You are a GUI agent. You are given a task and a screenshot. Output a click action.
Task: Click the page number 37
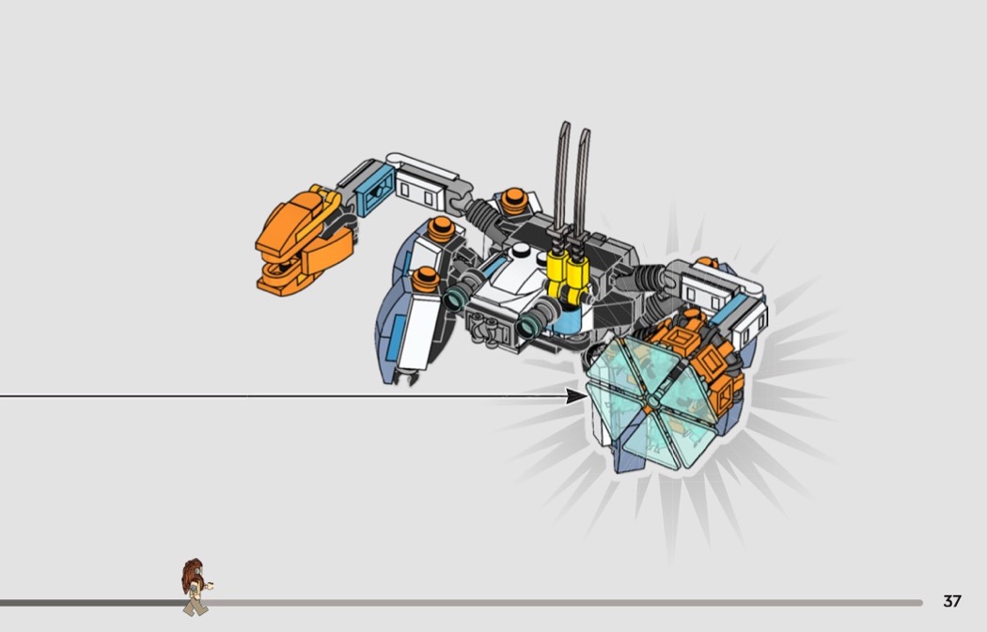[951, 601]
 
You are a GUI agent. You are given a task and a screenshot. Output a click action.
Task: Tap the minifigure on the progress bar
[196, 586]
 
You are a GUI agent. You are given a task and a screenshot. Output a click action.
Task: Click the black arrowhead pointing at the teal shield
[576, 396]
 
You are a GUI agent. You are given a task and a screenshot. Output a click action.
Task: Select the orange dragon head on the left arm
[302, 240]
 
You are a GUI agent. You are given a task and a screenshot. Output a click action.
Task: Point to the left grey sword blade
[561, 177]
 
